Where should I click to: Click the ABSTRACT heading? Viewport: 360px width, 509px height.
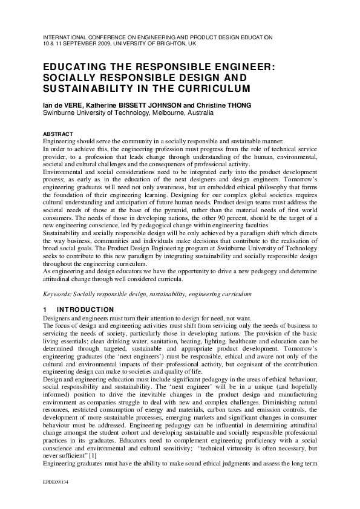(58, 134)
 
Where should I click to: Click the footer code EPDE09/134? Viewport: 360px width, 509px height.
(56, 491)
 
